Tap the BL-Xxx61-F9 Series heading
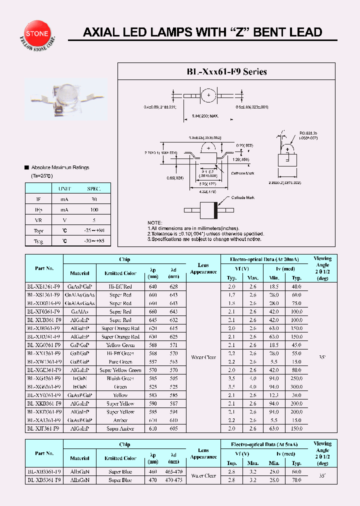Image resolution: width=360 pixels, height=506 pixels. pos(226,71)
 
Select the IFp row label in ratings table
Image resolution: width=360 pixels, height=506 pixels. pos(38,209)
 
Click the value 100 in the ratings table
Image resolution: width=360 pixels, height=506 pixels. pos(93,209)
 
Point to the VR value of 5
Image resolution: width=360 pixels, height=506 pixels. pos(93,220)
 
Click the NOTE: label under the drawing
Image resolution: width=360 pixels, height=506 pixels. pos(155,222)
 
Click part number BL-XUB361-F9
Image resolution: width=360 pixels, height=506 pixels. pos(44,320)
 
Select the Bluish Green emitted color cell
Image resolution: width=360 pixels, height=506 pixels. pos(120,378)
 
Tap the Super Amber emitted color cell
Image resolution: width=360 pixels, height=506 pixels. pos(120,429)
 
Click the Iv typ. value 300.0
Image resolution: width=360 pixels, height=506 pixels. pos(297,387)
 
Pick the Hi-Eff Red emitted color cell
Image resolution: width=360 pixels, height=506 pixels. pos(120,286)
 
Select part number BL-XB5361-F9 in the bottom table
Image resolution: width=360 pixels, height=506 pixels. pos(44,480)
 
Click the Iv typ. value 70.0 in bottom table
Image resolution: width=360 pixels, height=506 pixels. pos(297,480)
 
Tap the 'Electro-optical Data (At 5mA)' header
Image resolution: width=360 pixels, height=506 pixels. pos(264,444)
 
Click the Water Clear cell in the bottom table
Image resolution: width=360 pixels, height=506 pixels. pos(203,476)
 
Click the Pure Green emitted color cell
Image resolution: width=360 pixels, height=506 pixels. pos(120,362)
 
